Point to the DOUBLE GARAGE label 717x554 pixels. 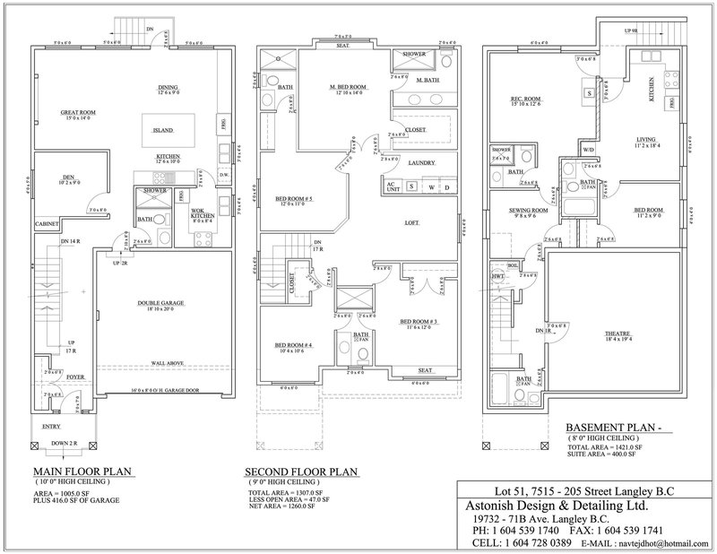[161, 304]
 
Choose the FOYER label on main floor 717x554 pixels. [74, 377]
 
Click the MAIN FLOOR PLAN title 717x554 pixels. [78, 472]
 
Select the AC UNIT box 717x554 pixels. [391, 186]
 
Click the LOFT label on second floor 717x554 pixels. [411, 222]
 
